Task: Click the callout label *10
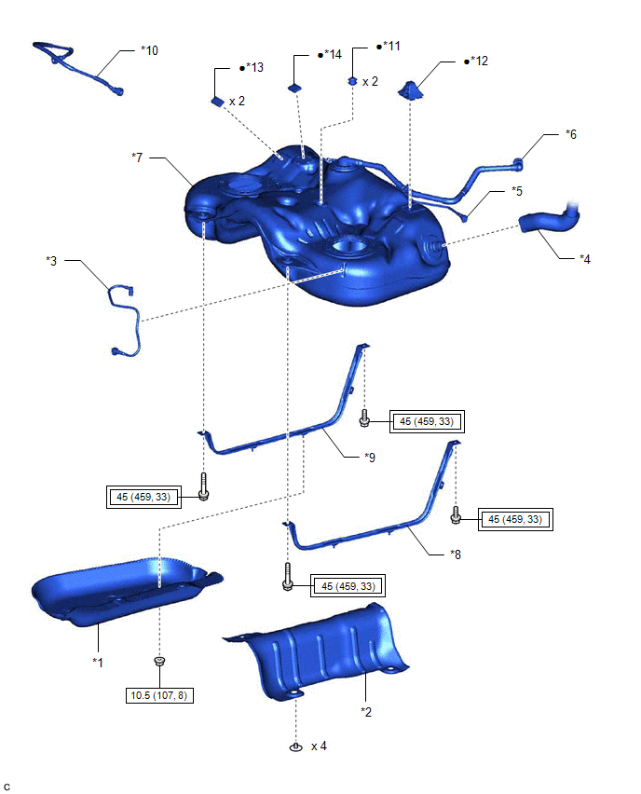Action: (149, 49)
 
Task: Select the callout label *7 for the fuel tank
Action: (137, 157)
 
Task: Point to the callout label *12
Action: (479, 62)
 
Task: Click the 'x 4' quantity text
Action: (320, 746)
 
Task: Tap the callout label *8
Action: (455, 554)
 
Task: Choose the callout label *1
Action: (97, 661)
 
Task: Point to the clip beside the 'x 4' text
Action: (295, 746)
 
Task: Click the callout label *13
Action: (254, 68)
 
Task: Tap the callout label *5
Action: (516, 191)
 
